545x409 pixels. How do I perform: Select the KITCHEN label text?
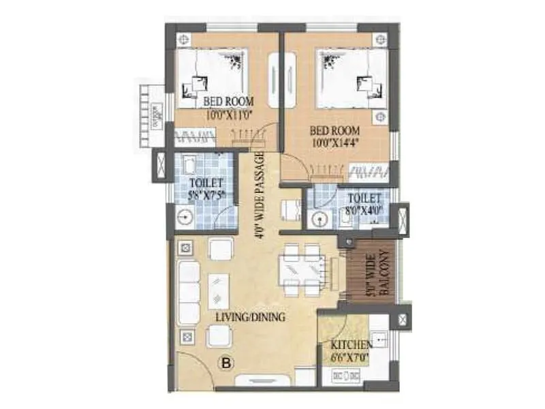point(352,345)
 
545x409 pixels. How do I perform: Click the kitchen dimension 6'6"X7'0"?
point(352,357)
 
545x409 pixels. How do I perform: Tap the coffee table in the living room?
point(219,291)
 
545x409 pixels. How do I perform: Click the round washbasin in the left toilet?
point(183,218)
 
